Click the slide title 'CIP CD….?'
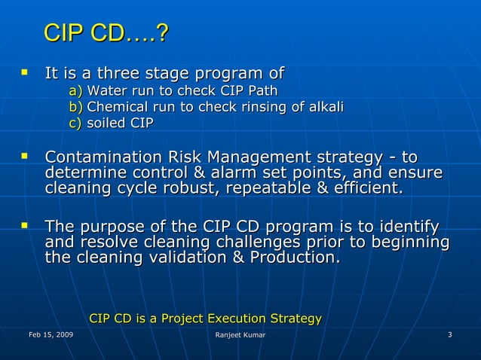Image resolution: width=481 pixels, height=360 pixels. pyautogui.click(x=106, y=34)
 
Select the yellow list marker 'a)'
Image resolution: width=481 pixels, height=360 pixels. pyautogui.click(x=75, y=91)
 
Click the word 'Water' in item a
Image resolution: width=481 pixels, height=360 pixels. pyautogui.click(x=106, y=91)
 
